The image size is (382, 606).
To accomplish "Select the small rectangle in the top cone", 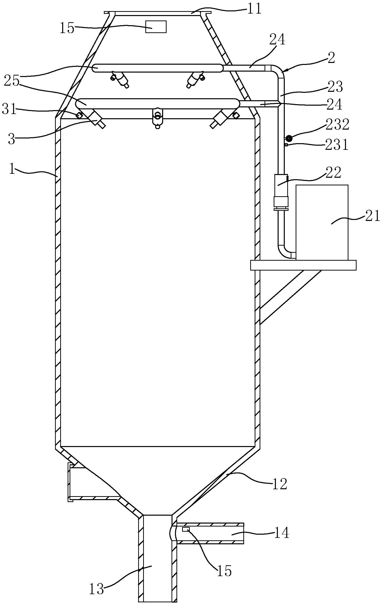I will [x=156, y=27].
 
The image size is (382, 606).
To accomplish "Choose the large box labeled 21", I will [x=322, y=222].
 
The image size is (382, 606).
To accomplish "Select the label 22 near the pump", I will [x=334, y=173].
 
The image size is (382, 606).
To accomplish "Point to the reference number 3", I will [x=12, y=139].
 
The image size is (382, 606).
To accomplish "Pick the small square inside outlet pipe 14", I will [x=186, y=529].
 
